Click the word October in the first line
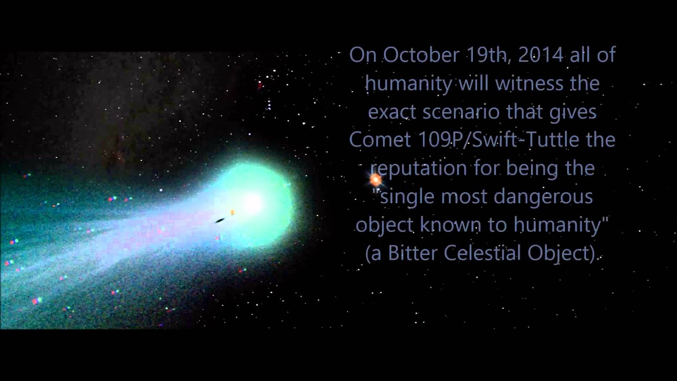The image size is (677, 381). [420, 55]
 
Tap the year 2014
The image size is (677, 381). [541, 55]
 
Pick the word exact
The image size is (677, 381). [392, 112]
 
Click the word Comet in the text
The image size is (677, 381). [380, 140]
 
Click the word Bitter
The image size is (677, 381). [412, 253]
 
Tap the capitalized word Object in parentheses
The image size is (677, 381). [559, 253]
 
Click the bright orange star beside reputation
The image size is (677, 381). [376, 180]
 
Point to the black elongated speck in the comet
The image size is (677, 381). [219, 221]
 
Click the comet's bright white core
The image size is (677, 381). [252, 202]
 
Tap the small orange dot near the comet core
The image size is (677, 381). [232, 212]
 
